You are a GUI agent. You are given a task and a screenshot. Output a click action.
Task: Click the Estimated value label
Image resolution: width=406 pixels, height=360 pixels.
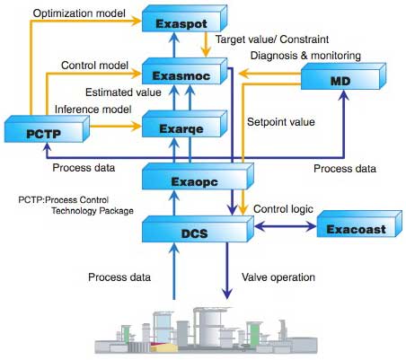(x=120, y=92)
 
